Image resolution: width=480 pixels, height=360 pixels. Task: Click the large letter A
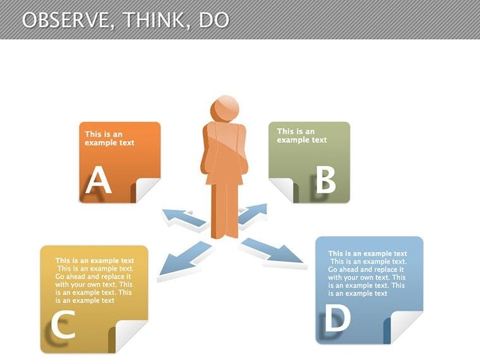coord(99,181)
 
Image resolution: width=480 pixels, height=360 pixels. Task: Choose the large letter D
coord(338,320)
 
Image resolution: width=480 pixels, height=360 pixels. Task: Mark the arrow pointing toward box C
coord(183,260)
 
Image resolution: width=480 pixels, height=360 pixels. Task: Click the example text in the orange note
coord(110,138)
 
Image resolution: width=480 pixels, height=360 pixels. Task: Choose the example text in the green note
coord(302,135)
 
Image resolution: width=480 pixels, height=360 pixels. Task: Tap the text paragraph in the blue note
coord(367,273)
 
